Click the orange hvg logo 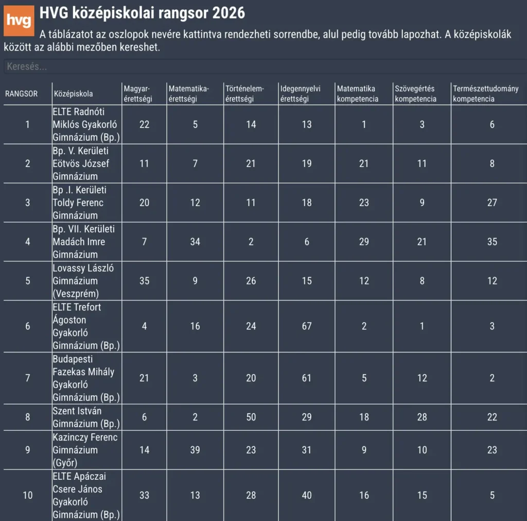pos(19,21)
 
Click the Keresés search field pos(263,67)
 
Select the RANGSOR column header pos(21,94)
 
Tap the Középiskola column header pos(73,94)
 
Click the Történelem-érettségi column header pos(244,94)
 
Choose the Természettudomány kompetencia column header pos(485,94)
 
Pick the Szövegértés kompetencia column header pos(416,94)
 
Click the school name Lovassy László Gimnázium pos(83,281)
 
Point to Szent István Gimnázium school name pos(86,417)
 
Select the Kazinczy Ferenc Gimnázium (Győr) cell pos(85,450)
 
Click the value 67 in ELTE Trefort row pos(307,326)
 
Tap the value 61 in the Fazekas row pos(307,378)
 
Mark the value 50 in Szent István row pos(251,417)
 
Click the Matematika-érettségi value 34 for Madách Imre pos(195,242)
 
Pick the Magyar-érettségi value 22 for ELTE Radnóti pos(144,124)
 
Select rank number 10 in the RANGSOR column pos(28,495)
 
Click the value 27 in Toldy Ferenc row pos(492,203)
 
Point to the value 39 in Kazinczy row pos(195,450)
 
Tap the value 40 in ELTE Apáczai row pos(307,495)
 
